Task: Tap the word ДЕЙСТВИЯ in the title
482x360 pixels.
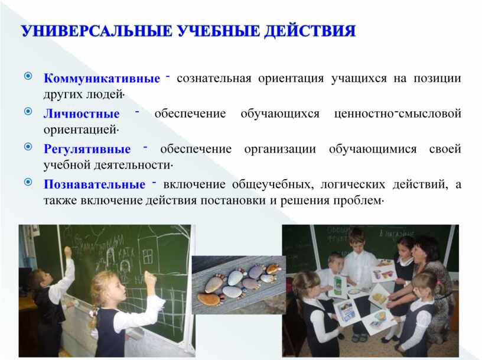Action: point(310,31)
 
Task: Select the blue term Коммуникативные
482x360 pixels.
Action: point(102,78)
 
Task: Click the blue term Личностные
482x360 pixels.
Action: point(82,114)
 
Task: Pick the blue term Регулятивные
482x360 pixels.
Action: point(87,149)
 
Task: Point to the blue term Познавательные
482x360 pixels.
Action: point(95,184)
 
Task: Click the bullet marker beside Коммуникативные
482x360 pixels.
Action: point(28,76)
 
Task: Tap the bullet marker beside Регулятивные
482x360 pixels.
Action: point(28,147)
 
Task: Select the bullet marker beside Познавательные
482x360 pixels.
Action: point(28,182)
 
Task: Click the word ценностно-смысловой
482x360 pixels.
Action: point(398,113)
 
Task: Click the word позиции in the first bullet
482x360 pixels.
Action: point(438,79)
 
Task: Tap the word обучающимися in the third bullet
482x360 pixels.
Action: point(373,149)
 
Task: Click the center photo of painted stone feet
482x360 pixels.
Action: point(239,285)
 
